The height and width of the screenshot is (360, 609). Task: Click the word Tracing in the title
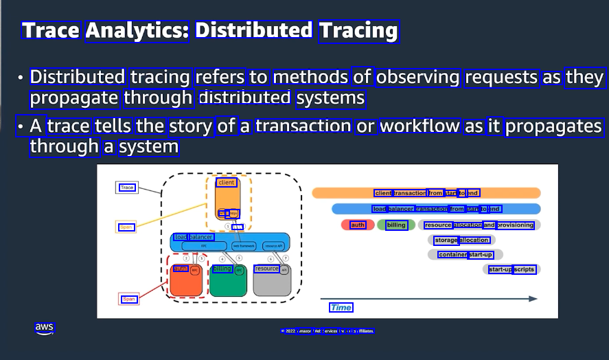pos(358,31)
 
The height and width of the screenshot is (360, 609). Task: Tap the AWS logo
pos(44,328)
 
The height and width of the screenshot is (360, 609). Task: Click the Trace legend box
pos(127,188)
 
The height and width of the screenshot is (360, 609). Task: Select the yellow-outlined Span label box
pos(127,227)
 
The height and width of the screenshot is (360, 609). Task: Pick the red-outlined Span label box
pos(129,299)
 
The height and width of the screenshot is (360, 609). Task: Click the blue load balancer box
pos(230,242)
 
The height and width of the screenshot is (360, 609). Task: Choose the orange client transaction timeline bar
pos(426,193)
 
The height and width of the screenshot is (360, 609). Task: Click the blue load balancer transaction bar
pos(436,209)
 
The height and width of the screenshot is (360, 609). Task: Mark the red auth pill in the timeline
pos(357,225)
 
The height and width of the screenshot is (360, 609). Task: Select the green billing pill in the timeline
pos(395,225)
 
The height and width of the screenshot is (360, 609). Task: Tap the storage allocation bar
pos(461,240)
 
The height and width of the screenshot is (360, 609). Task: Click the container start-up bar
pos(466,255)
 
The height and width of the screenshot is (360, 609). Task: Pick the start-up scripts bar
pos(512,269)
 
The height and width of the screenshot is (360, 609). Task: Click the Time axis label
pos(341,307)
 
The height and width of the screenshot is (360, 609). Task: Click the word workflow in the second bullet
pos(420,126)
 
